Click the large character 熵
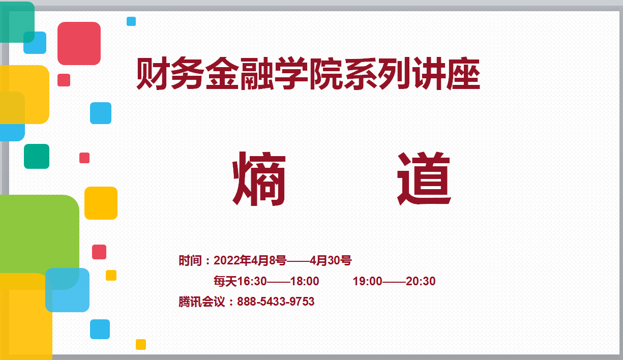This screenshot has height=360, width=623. pyautogui.click(x=259, y=179)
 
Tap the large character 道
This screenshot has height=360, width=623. pyautogui.click(x=424, y=179)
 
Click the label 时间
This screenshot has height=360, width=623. pyautogui.click(x=190, y=261)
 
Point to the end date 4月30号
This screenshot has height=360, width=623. pyautogui.click(x=331, y=261)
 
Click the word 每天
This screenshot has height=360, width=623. pyautogui.click(x=225, y=281)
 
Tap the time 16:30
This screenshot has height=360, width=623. pyautogui.click(x=252, y=281)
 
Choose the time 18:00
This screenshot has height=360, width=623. pyautogui.click(x=305, y=281)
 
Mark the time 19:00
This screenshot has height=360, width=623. pyautogui.click(x=367, y=281)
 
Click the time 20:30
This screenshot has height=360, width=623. pyautogui.click(x=421, y=281)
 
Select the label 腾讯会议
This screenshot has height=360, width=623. pyautogui.click(x=201, y=302)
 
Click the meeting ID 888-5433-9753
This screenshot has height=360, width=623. pyautogui.click(x=276, y=302)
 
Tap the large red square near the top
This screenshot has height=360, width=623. pyautogui.click(x=79, y=43)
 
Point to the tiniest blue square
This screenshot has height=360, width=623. pyautogui.click(x=131, y=21)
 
